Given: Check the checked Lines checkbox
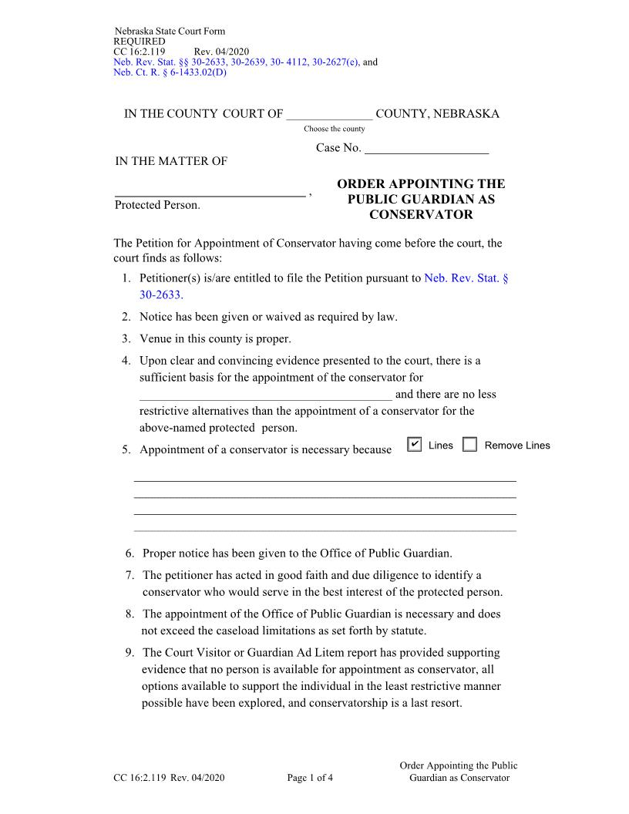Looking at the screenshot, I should (x=414, y=445).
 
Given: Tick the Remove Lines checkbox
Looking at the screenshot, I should (x=469, y=445).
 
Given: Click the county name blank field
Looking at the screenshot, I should (x=329, y=115).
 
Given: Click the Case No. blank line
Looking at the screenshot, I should (x=426, y=148).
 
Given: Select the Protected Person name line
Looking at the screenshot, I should (x=210, y=194).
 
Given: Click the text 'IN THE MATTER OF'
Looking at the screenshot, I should (x=171, y=161).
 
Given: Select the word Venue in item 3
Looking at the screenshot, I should (x=156, y=338).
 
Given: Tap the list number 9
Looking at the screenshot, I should (x=129, y=652).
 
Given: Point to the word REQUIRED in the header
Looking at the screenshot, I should (x=139, y=42).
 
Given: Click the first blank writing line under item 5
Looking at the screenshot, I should (x=325, y=480).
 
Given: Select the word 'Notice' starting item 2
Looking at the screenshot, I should (x=157, y=317).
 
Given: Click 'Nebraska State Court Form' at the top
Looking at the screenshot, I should (x=170, y=32).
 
